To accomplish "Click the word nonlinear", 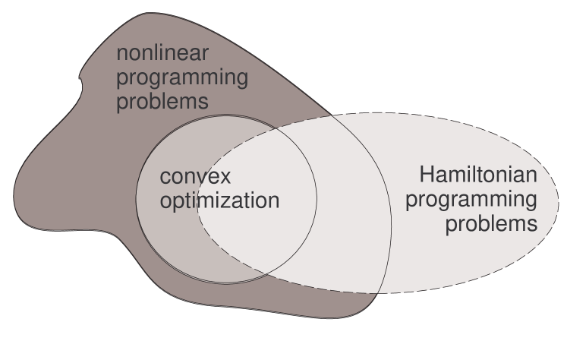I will [162, 55].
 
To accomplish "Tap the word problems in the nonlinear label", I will [162, 102].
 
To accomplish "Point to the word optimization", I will [219, 201].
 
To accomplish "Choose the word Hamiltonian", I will [478, 177].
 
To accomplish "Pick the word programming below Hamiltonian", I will [472, 201].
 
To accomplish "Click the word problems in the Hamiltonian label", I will [491, 225].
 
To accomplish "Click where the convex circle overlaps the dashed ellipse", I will [258, 228].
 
